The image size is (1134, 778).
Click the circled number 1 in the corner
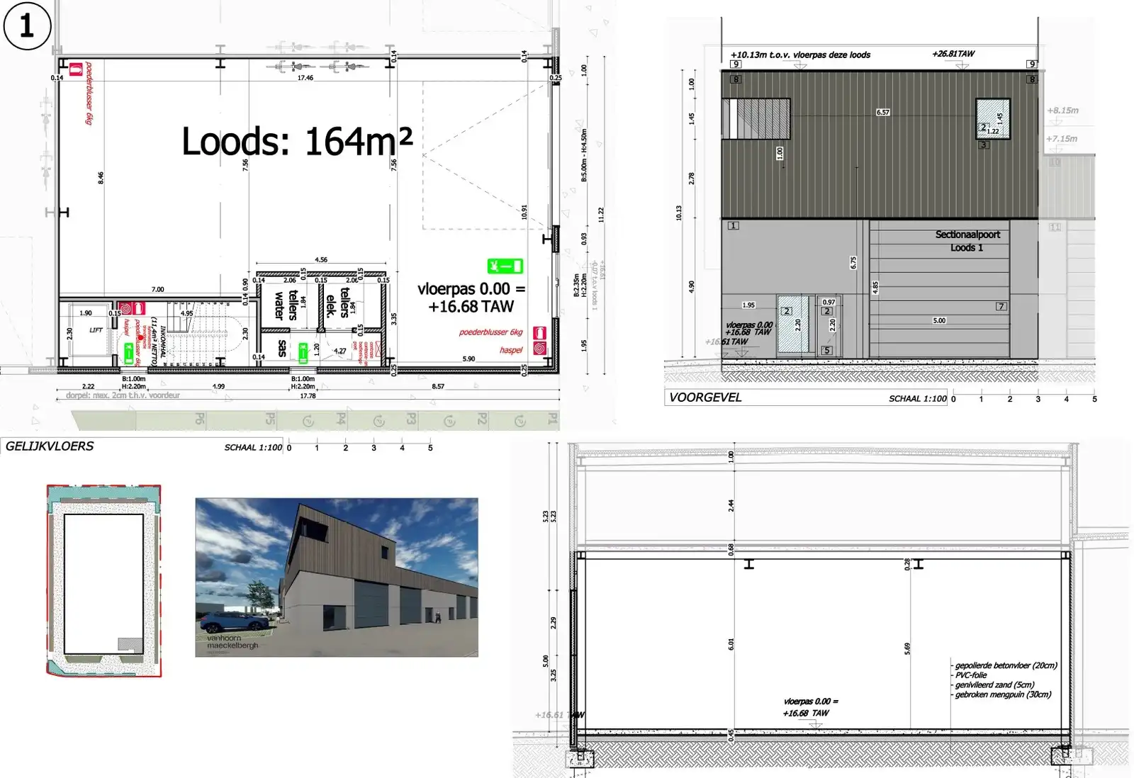tap(27, 26)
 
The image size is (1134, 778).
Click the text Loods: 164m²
tap(297, 141)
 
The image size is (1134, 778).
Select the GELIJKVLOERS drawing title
tap(50, 446)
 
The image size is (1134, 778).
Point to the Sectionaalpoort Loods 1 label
tap(967, 241)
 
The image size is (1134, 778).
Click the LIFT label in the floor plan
tap(96, 330)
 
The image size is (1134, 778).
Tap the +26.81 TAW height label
tap(953, 54)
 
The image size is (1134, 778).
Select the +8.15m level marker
tap(1062, 111)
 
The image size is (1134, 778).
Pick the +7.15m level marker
tap(1062, 139)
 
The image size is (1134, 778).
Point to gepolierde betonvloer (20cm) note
tap(1006, 665)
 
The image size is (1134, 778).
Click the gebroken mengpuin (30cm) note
tap(1003, 694)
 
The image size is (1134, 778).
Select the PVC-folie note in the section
tap(971, 675)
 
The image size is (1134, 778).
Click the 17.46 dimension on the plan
tap(305, 78)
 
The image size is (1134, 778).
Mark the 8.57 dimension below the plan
tap(438, 386)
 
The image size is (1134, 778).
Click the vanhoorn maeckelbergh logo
tap(232, 642)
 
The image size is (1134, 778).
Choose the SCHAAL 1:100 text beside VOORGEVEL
tap(917, 399)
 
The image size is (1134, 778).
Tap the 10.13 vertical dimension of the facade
tap(679, 213)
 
